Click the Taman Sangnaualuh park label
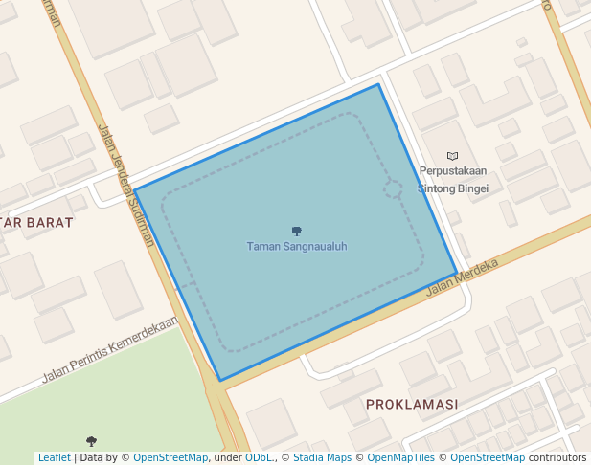pos(297,247)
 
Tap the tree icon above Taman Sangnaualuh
pos(297,231)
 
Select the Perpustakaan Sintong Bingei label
pos(453,180)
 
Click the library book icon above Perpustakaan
pos(453,156)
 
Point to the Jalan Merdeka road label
pos(464,277)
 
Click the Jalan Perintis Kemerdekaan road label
pos(109,349)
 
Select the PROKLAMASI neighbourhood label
pos(412,405)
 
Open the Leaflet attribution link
pos(54,458)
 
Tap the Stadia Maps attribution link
pos(321,458)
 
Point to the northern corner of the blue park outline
pos(378,84)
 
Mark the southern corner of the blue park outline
pos(220,381)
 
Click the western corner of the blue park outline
pos(134,190)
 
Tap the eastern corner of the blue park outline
pos(456,273)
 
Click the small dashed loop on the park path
pos(393,188)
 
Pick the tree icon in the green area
pos(91,441)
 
